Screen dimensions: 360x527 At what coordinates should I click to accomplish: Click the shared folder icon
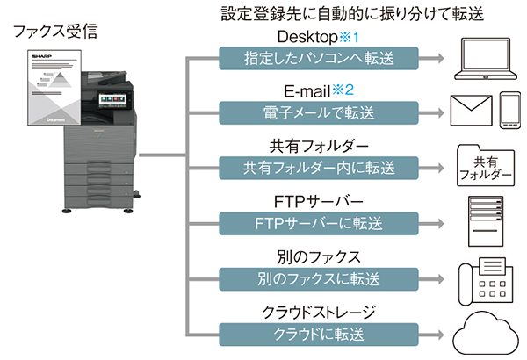click(x=485, y=167)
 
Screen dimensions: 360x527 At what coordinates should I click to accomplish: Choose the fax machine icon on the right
click(x=485, y=281)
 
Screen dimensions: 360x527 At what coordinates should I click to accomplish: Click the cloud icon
click(x=485, y=335)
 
